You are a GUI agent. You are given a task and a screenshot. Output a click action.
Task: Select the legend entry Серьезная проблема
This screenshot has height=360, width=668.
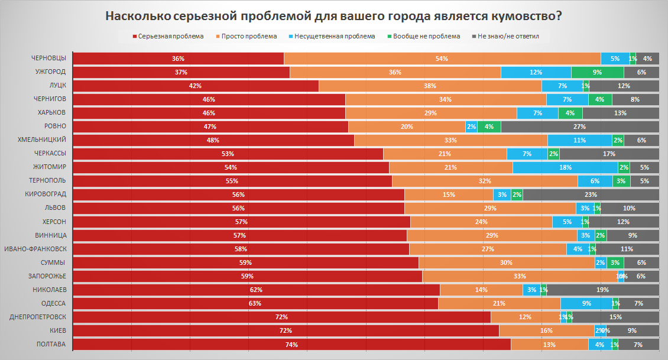tap(170, 36)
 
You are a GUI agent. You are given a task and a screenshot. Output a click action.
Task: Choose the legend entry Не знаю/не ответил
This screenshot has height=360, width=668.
tap(509, 36)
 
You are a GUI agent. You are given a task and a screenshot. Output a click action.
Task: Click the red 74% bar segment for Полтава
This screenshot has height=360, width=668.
tap(291, 345)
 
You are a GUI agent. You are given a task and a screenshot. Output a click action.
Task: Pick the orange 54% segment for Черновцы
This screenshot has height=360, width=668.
tap(442, 59)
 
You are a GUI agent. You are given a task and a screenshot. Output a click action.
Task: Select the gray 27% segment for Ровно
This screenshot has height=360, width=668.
tap(579, 127)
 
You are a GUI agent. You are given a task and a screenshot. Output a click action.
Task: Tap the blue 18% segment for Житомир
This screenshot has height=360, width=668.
tap(565, 167)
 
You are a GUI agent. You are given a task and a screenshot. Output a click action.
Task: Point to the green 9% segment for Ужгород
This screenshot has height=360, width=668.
tap(597, 72)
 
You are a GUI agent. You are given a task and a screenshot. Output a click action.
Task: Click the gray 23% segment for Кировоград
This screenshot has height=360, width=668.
tap(591, 194)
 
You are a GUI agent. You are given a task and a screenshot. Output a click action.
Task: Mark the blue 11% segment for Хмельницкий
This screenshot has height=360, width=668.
tap(579, 140)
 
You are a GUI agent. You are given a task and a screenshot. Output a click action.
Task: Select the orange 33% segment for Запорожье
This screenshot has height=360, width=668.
tap(520, 276)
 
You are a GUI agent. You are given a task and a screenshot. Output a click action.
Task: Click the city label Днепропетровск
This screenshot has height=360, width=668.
tap(38, 317)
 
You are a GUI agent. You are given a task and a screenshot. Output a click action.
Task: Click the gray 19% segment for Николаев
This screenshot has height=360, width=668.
tap(603, 290)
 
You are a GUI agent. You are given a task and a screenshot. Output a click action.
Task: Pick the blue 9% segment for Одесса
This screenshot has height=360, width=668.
tap(586, 303)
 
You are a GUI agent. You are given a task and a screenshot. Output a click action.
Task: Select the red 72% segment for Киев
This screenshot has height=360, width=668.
tap(286, 330)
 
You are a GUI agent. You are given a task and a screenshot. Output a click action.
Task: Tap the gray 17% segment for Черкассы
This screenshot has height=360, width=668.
tap(609, 154)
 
